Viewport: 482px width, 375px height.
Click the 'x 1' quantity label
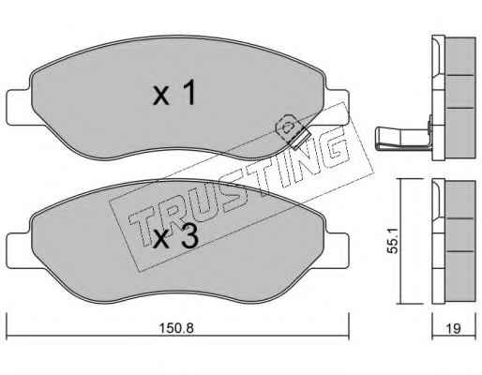coord(174,93)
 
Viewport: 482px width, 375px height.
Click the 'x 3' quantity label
coord(176,236)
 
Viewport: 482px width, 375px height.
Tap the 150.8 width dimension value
coord(176,328)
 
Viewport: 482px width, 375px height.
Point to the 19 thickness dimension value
coord(453,328)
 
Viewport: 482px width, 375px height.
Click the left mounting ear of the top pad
coord(19,108)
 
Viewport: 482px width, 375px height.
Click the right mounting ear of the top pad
coord(337,108)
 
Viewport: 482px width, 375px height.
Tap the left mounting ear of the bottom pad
coord(19,250)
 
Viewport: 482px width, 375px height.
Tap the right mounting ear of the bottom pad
coord(337,250)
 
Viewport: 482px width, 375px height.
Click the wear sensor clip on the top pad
coord(292,130)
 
